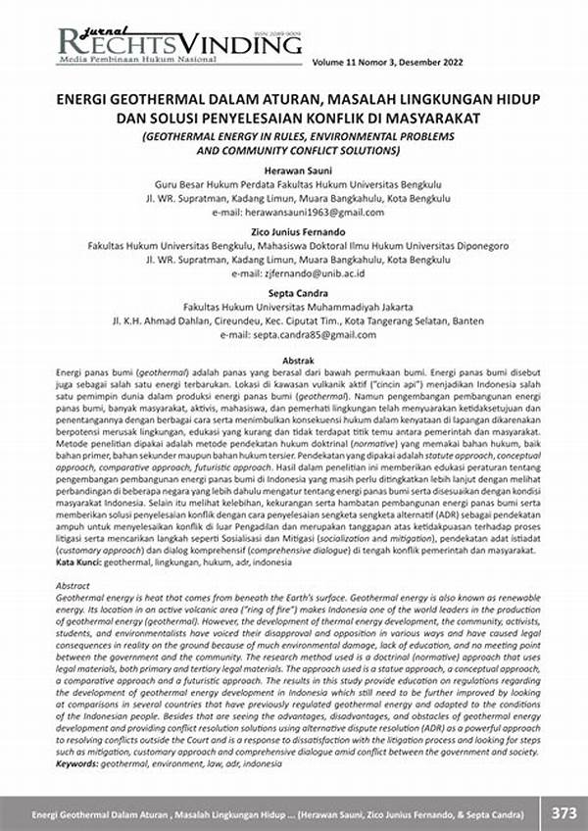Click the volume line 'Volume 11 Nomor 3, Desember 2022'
tap(402, 63)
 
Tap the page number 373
tap(563, 812)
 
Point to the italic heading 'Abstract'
tap(75, 583)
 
